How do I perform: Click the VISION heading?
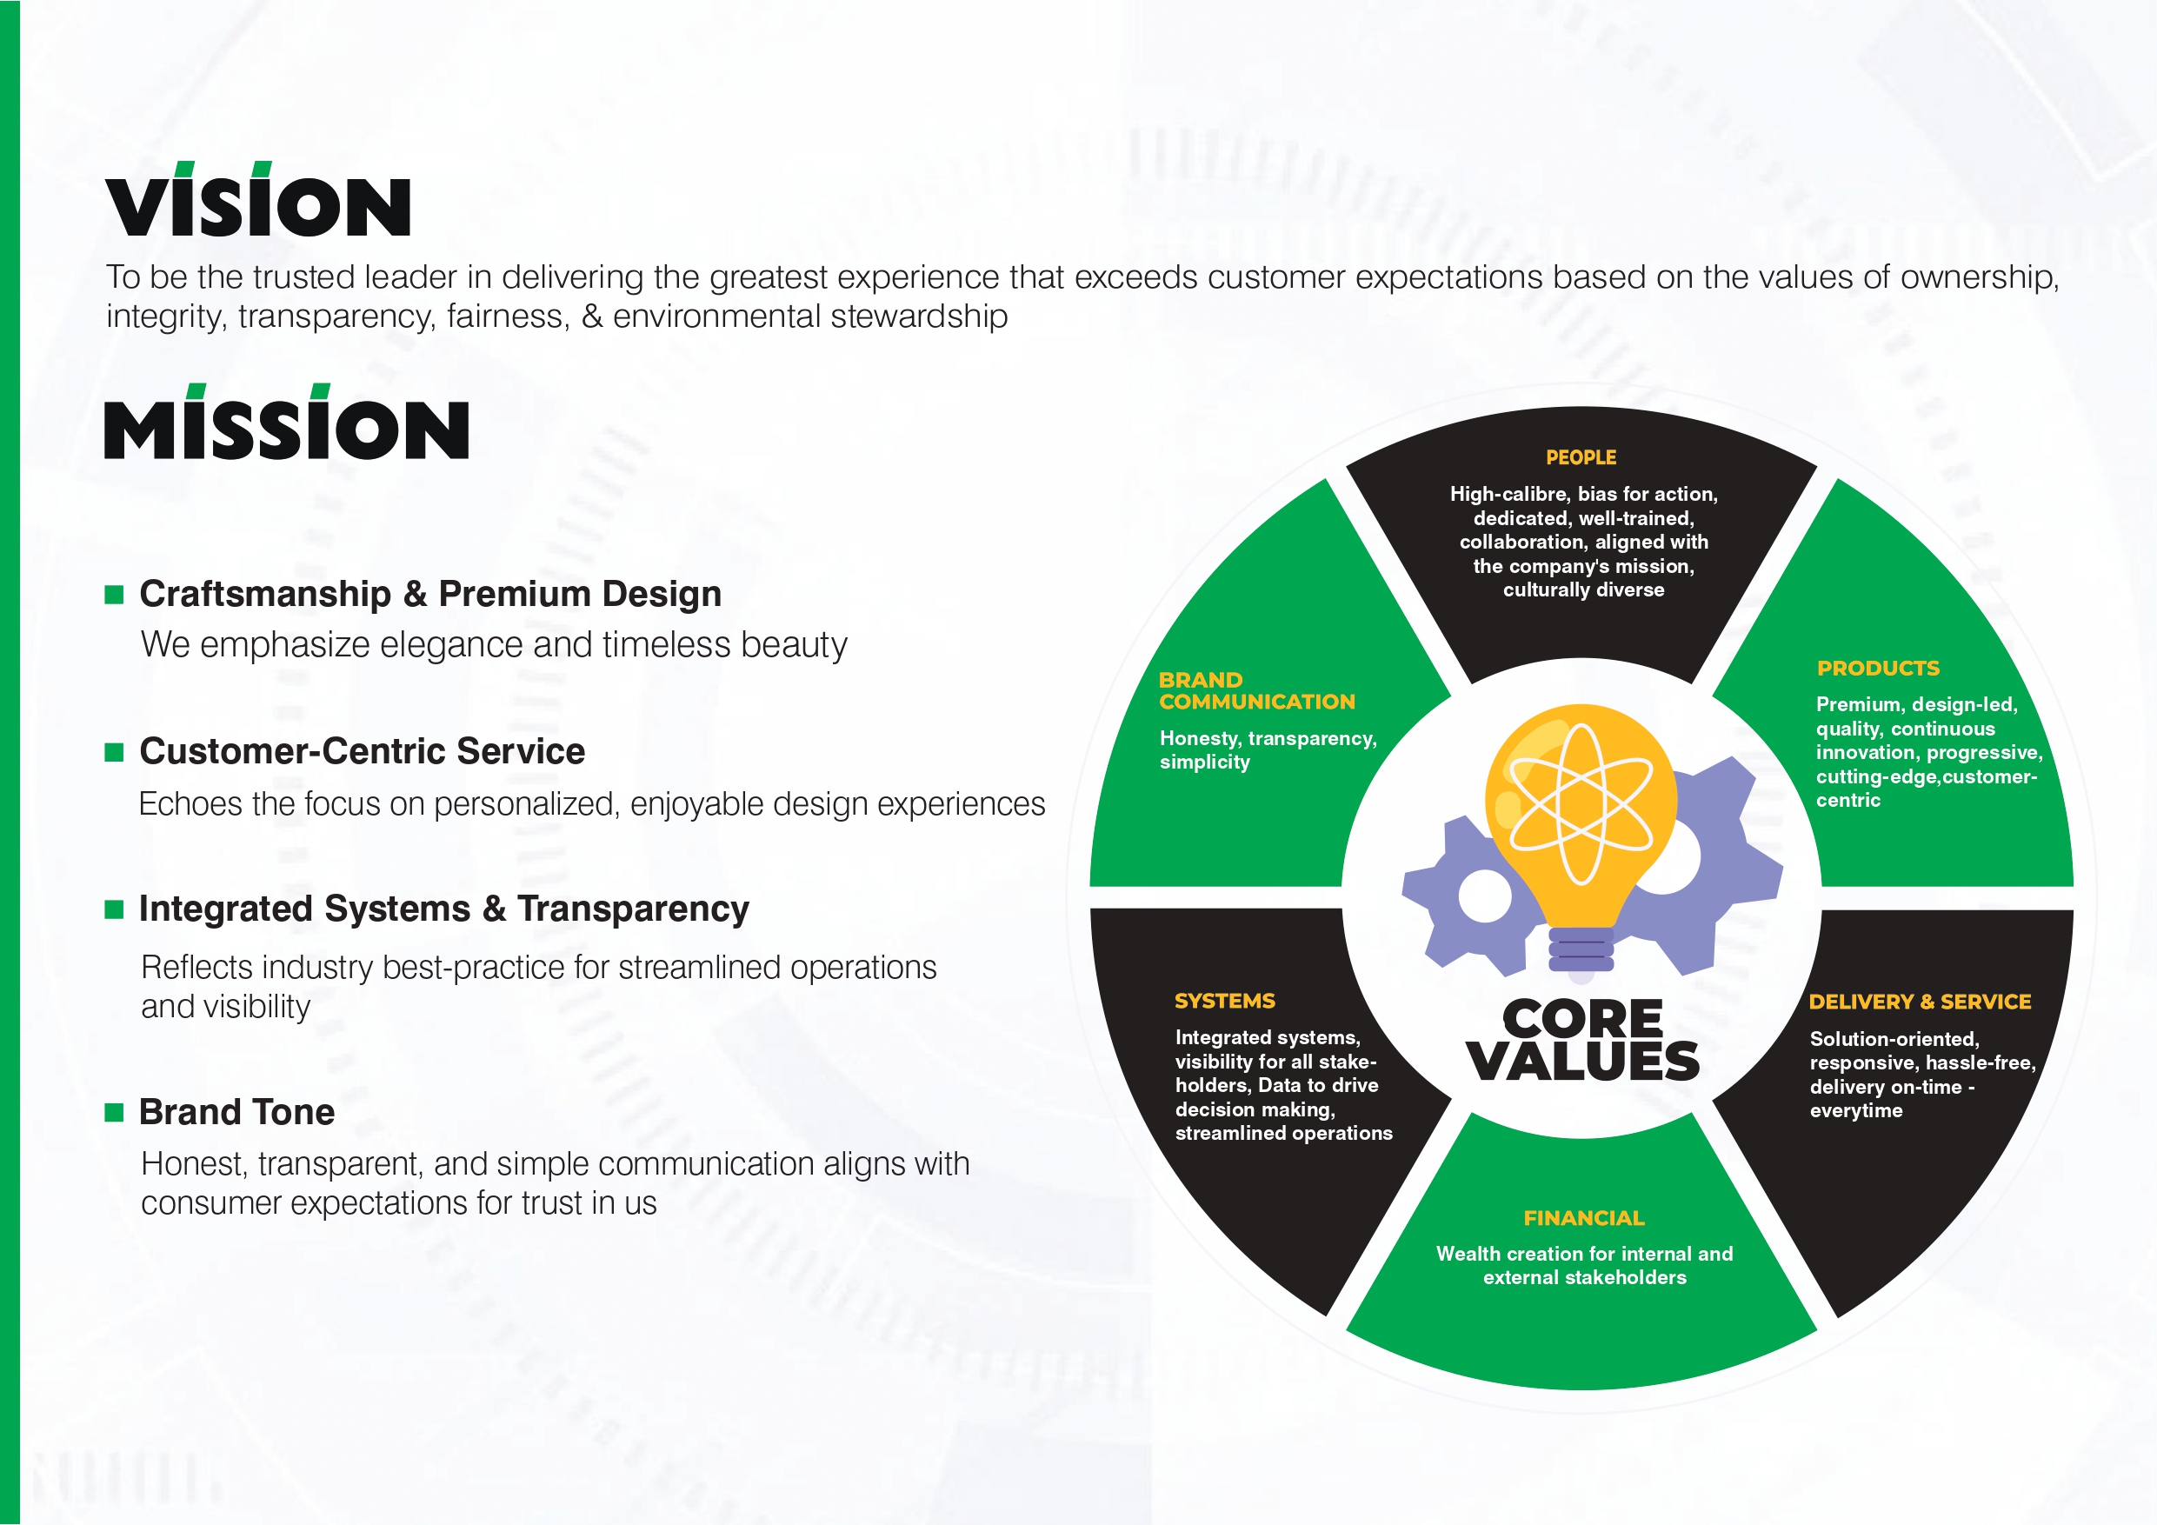coord(258,199)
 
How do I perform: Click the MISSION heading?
coord(287,422)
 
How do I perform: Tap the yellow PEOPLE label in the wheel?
coord(1581,457)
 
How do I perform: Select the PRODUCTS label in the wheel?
coord(1878,668)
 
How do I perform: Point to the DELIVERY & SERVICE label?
coord(1921,1002)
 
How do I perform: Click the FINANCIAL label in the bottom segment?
coord(1584,1218)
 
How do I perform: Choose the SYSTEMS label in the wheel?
coord(1225,1001)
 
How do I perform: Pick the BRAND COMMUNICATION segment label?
coord(1257,690)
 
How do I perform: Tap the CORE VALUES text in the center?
coord(1583,1039)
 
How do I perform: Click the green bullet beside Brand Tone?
coord(115,1113)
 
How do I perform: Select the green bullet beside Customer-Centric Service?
coord(115,752)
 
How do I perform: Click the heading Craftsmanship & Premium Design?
coord(430,594)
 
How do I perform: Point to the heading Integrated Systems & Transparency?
coord(444,909)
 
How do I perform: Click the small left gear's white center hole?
coord(1485,896)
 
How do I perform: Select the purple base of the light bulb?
coord(1581,950)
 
